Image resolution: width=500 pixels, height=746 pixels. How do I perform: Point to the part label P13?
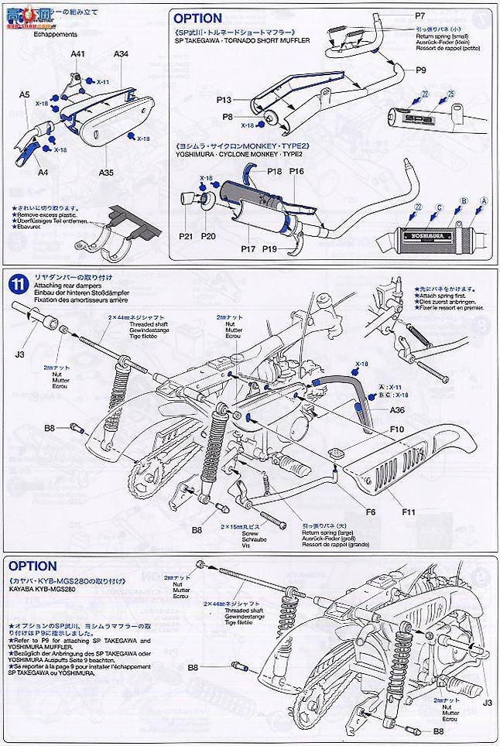pos(224,100)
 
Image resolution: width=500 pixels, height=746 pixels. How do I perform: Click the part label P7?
pos(420,16)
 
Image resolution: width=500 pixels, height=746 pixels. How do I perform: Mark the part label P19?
pos(271,248)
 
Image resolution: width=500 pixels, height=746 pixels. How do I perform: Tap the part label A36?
pos(398,410)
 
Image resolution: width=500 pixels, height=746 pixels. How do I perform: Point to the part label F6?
pos(371,511)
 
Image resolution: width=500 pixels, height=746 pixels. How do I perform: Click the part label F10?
pos(398,429)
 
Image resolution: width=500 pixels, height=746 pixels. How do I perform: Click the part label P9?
pos(422,69)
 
